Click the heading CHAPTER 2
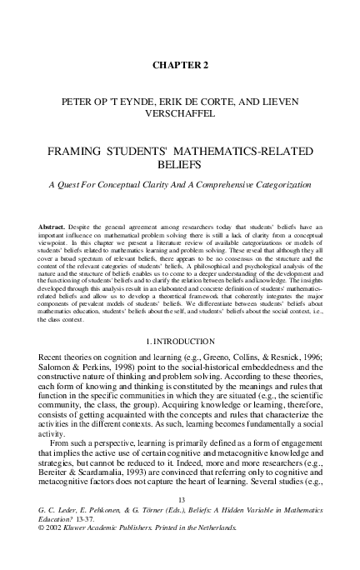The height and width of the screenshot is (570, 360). (x=180, y=64)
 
